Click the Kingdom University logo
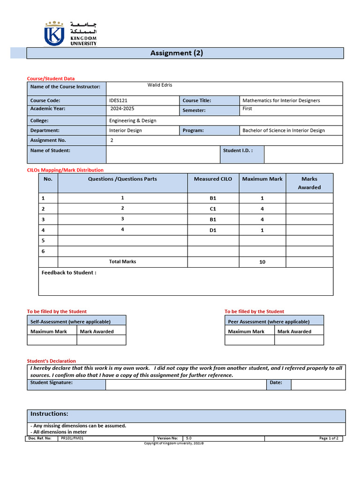[x=70, y=33]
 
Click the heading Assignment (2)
[x=177, y=53]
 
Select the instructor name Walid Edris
[x=160, y=85]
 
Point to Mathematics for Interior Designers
[x=281, y=100]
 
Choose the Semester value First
[x=247, y=109]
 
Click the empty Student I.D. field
[x=303, y=154]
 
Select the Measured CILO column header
[x=213, y=179]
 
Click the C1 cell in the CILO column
[x=213, y=209]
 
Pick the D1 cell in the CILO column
[x=213, y=230]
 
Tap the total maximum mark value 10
[x=262, y=262]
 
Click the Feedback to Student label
[x=69, y=273]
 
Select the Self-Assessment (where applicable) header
[x=70, y=322]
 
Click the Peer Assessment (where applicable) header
[x=269, y=322]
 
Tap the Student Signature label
[x=52, y=382]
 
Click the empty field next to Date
[x=318, y=385]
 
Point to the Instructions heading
[x=49, y=414]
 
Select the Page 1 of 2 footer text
[x=329, y=438]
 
